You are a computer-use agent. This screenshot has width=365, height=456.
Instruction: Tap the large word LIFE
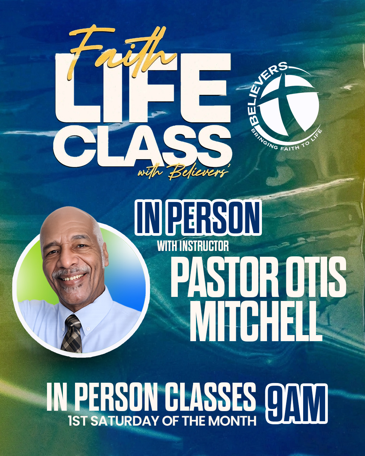[x=143, y=88]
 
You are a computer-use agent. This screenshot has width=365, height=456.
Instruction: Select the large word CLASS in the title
[x=143, y=146]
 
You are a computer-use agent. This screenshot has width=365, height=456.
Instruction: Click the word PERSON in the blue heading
[x=215, y=218]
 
